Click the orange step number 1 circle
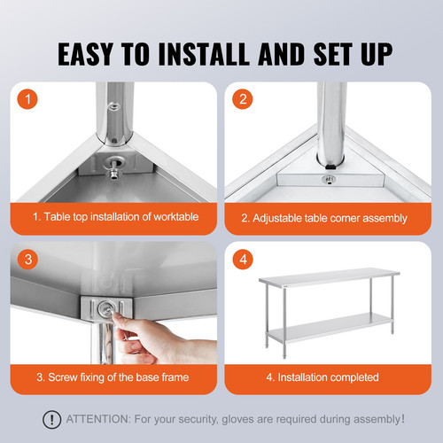(30, 99)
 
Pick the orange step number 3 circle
(30, 260)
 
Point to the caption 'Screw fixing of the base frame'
(113, 377)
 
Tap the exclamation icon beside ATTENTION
(55, 419)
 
